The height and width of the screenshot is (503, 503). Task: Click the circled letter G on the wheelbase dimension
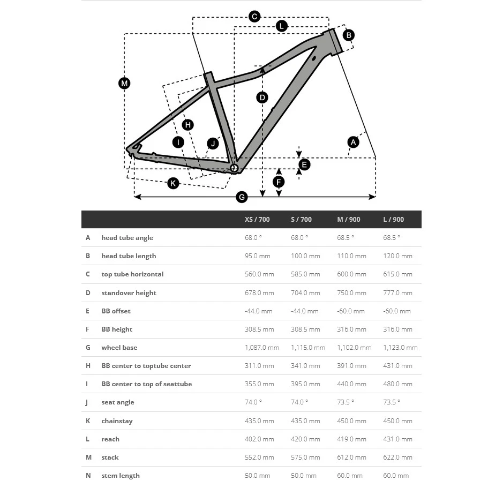(242, 197)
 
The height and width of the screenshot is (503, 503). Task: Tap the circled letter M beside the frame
(124, 83)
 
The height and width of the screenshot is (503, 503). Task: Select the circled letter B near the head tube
(348, 35)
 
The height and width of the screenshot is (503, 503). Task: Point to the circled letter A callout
(352, 142)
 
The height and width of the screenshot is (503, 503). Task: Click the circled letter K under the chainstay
(173, 183)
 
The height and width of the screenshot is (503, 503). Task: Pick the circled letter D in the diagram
(262, 97)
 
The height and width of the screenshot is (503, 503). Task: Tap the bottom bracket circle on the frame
(234, 168)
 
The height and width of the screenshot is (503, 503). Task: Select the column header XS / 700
(257, 220)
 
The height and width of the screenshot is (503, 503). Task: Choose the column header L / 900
(394, 220)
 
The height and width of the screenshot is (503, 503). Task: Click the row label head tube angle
(127, 238)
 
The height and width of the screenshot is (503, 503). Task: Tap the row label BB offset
(116, 311)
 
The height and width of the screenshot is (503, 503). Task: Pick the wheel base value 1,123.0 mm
(400, 348)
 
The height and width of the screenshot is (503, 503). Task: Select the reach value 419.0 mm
(351, 439)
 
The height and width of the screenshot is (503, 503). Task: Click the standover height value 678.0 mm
(259, 293)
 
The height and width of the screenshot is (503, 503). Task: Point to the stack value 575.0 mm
(305, 457)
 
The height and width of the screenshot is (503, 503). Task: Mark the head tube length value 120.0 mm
(397, 256)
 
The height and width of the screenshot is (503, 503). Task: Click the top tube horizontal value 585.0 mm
(305, 274)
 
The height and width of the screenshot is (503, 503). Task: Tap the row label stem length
(121, 476)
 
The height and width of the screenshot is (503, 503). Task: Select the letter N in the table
(88, 476)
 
